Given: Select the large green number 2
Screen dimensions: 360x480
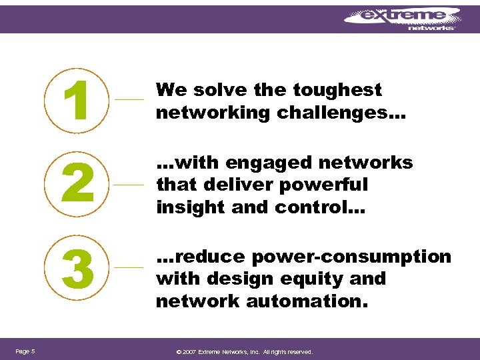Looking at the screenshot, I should point(77,183).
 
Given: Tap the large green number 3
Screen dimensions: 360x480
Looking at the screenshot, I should point(77,267).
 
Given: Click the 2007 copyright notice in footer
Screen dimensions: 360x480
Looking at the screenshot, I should point(244,352).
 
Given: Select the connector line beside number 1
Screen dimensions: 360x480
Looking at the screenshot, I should point(129,99).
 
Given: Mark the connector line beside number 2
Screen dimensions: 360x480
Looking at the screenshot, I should point(129,183).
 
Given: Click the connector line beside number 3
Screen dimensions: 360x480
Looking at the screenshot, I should point(129,267).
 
